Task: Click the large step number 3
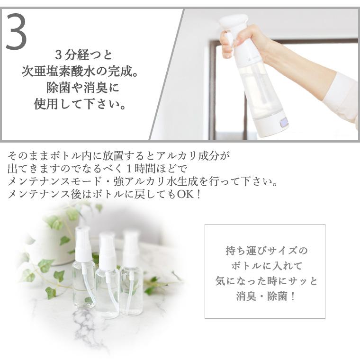(16, 32)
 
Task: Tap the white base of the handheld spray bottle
(270, 124)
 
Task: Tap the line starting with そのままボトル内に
(118, 155)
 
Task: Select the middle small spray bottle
(107, 279)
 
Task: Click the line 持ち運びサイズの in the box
(265, 250)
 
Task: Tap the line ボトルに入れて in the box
(265, 265)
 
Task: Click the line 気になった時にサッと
(265, 281)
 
